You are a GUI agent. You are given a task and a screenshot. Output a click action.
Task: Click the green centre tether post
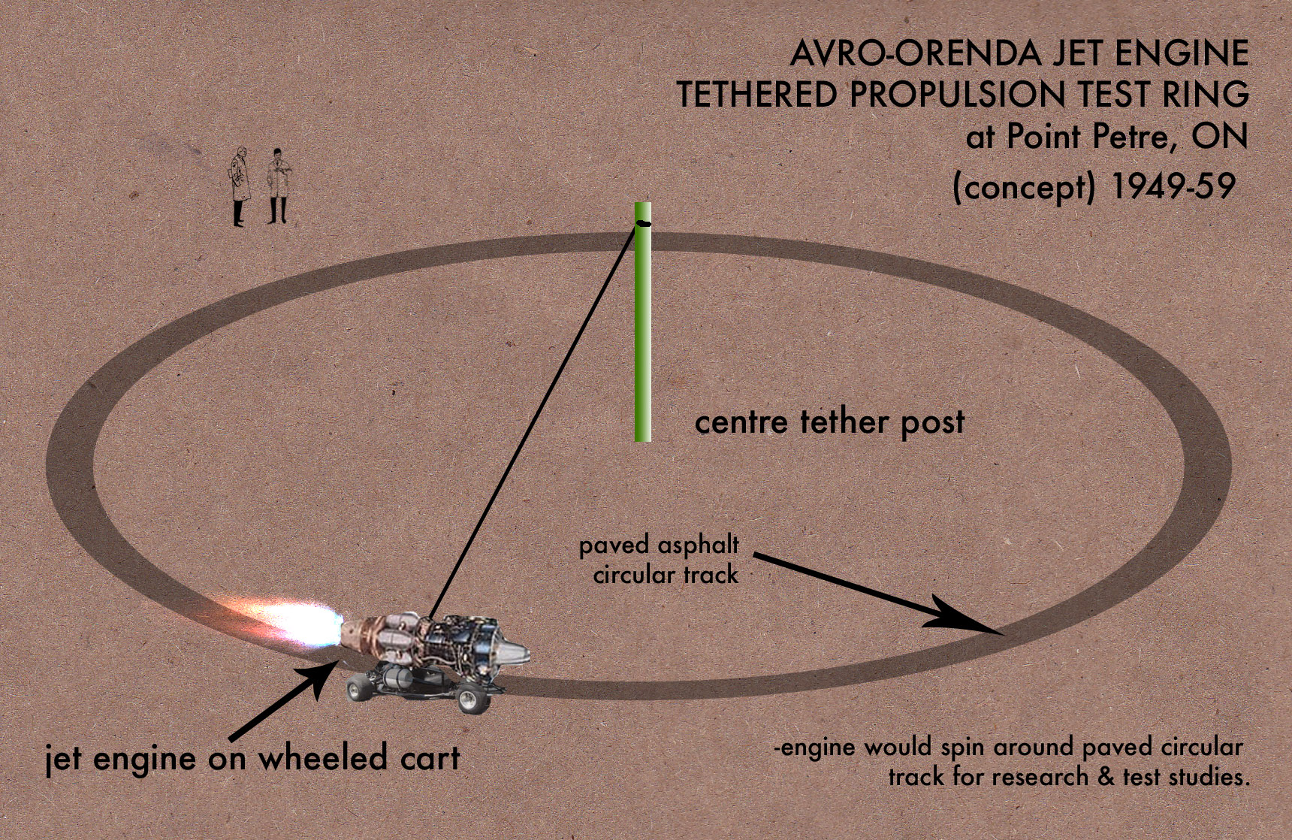[x=642, y=322]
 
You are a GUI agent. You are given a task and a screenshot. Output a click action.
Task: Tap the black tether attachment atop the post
[x=643, y=222]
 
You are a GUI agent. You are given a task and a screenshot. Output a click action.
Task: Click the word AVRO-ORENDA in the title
[x=916, y=54]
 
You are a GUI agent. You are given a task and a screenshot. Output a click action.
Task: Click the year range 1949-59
[x=1173, y=186]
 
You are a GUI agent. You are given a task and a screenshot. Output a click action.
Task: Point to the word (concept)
[x=1024, y=187]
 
